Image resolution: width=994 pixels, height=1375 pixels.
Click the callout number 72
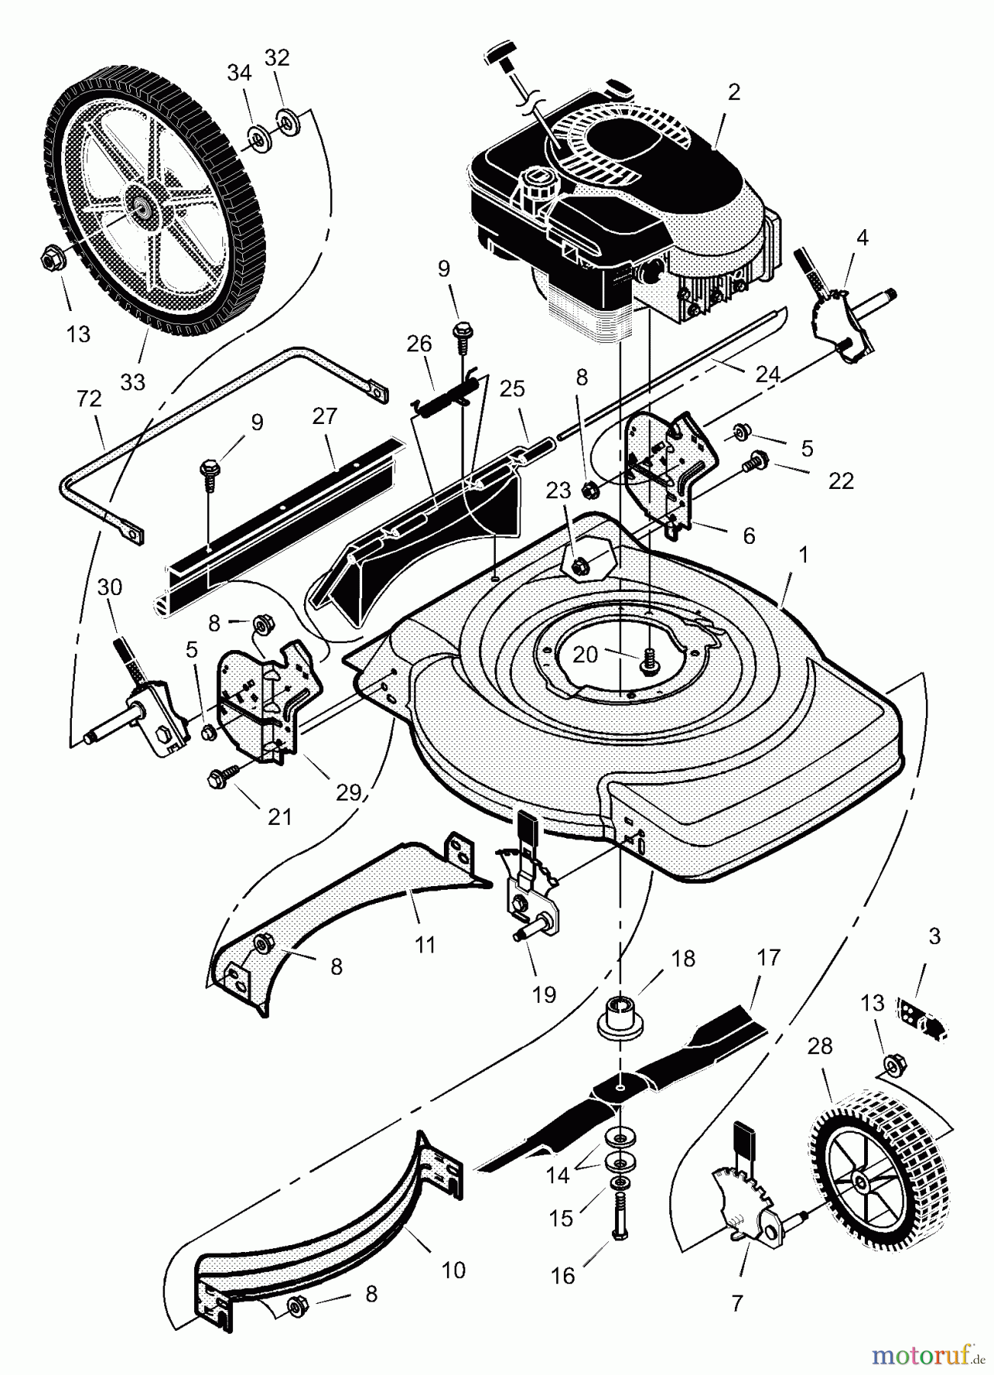(89, 398)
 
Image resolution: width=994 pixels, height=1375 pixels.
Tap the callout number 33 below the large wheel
(133, 381)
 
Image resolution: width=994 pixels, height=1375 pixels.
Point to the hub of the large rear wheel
(142, 204)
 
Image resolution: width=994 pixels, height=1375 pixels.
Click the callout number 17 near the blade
(768, 957)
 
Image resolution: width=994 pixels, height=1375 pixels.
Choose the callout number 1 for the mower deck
(801, 555)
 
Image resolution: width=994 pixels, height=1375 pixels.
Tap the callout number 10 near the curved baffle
(453, 1270)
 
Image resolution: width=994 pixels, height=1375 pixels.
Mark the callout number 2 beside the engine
(733, 92)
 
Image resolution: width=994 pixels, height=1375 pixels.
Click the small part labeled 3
(923, 1014)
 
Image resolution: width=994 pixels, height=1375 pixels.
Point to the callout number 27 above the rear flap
(325, 416)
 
